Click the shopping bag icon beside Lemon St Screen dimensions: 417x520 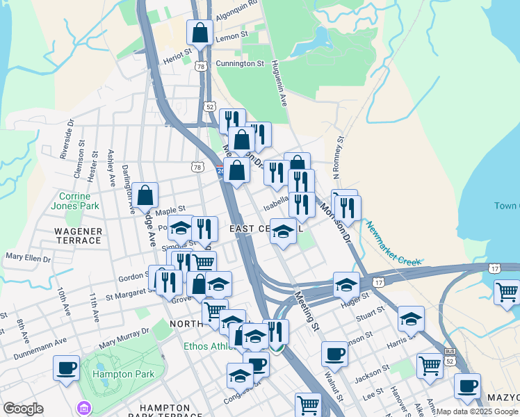pyautogui.click(x=200, y=32)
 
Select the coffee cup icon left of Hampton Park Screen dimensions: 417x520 pyautogui.click(x=67, y=368)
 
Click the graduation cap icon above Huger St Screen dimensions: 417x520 pyautogui.click(x=346, y=284)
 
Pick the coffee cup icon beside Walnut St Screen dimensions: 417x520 pyautogui.click(x=334, y=354)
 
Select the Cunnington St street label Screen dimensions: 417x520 pyautogui.click(x=240, y=63)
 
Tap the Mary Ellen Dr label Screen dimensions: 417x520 pyautogui.click(x=29, y=257)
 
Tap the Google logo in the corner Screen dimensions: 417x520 pyautogui.click(x=24, y=409)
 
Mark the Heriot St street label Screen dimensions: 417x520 pyautogui.click(x=177, y=54)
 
